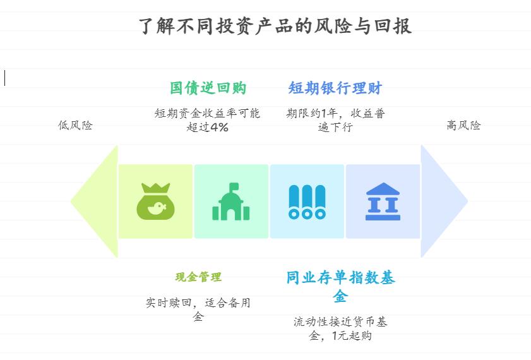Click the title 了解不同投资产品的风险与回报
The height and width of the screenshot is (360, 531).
(x=275, y=26)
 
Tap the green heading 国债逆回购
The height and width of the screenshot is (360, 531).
(x=208, y=88)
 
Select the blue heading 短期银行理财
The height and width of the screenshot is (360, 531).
(x=335, y=88)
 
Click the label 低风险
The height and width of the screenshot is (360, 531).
(x=75, y=125)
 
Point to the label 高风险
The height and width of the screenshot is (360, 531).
(x=463, y=125)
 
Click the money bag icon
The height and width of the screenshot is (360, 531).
(x=155, y=201)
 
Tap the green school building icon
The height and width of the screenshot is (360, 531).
(x=231, y=202)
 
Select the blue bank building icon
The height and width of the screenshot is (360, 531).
(x=383, y=201)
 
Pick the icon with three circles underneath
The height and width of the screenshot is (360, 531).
(x=307, y=202)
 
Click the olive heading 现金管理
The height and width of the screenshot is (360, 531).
(x=198, y=277)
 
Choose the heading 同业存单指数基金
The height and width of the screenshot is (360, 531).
(x=340, y=286)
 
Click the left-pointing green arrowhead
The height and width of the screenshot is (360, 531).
(x=95, y=201)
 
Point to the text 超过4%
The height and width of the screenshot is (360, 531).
(x=208, y=127)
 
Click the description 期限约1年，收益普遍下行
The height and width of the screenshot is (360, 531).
(x=335, y=120)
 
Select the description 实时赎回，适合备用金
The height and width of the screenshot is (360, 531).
(x=198, y=309)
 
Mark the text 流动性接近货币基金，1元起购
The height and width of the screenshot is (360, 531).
(x=340, y=328)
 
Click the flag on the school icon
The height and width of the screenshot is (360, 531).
(x=234, y=187)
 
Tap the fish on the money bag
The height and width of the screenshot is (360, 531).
(x=158, y=207)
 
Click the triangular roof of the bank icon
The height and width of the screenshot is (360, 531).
(x=383, y=189)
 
